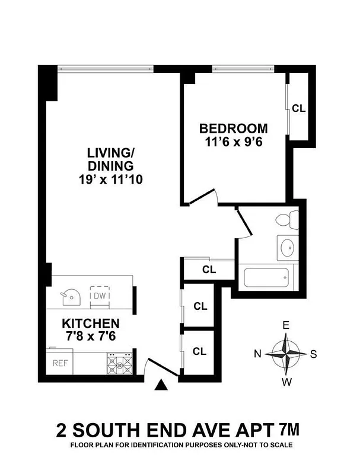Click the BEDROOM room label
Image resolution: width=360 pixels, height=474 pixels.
[x=233, y=129]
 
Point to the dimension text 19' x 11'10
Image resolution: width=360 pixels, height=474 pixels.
[x=110, y=178]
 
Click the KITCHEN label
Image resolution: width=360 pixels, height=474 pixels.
[x=91, y=324]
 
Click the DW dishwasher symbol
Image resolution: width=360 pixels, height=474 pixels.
[x=99, y=295]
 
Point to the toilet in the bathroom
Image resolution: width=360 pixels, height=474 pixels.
[x=285, y=220]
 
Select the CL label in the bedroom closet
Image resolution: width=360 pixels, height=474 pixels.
[x=298, y=108]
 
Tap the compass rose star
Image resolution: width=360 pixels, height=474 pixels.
[x=286, y=354]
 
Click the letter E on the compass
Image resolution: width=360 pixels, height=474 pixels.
[x=286, y=325]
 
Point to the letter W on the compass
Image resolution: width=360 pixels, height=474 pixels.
[x=286, y=382]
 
